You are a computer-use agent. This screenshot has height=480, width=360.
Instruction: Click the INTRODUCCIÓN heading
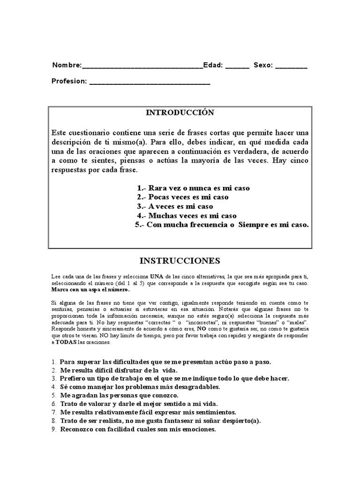[x=180, y=113]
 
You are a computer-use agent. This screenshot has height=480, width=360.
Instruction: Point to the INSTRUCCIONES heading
[x=180, y=260]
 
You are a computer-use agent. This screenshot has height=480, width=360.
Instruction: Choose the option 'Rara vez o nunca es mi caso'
[x=193, y=188]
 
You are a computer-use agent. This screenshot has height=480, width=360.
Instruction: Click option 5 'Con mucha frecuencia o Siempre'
[x=222, y=225]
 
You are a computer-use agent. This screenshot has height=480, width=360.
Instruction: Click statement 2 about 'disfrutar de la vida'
[x=118, y=370]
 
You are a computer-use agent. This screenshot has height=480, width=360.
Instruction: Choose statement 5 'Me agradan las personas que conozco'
[x=119, y=395]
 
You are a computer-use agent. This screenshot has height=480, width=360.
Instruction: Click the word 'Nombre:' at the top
[x=67, y=66]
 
